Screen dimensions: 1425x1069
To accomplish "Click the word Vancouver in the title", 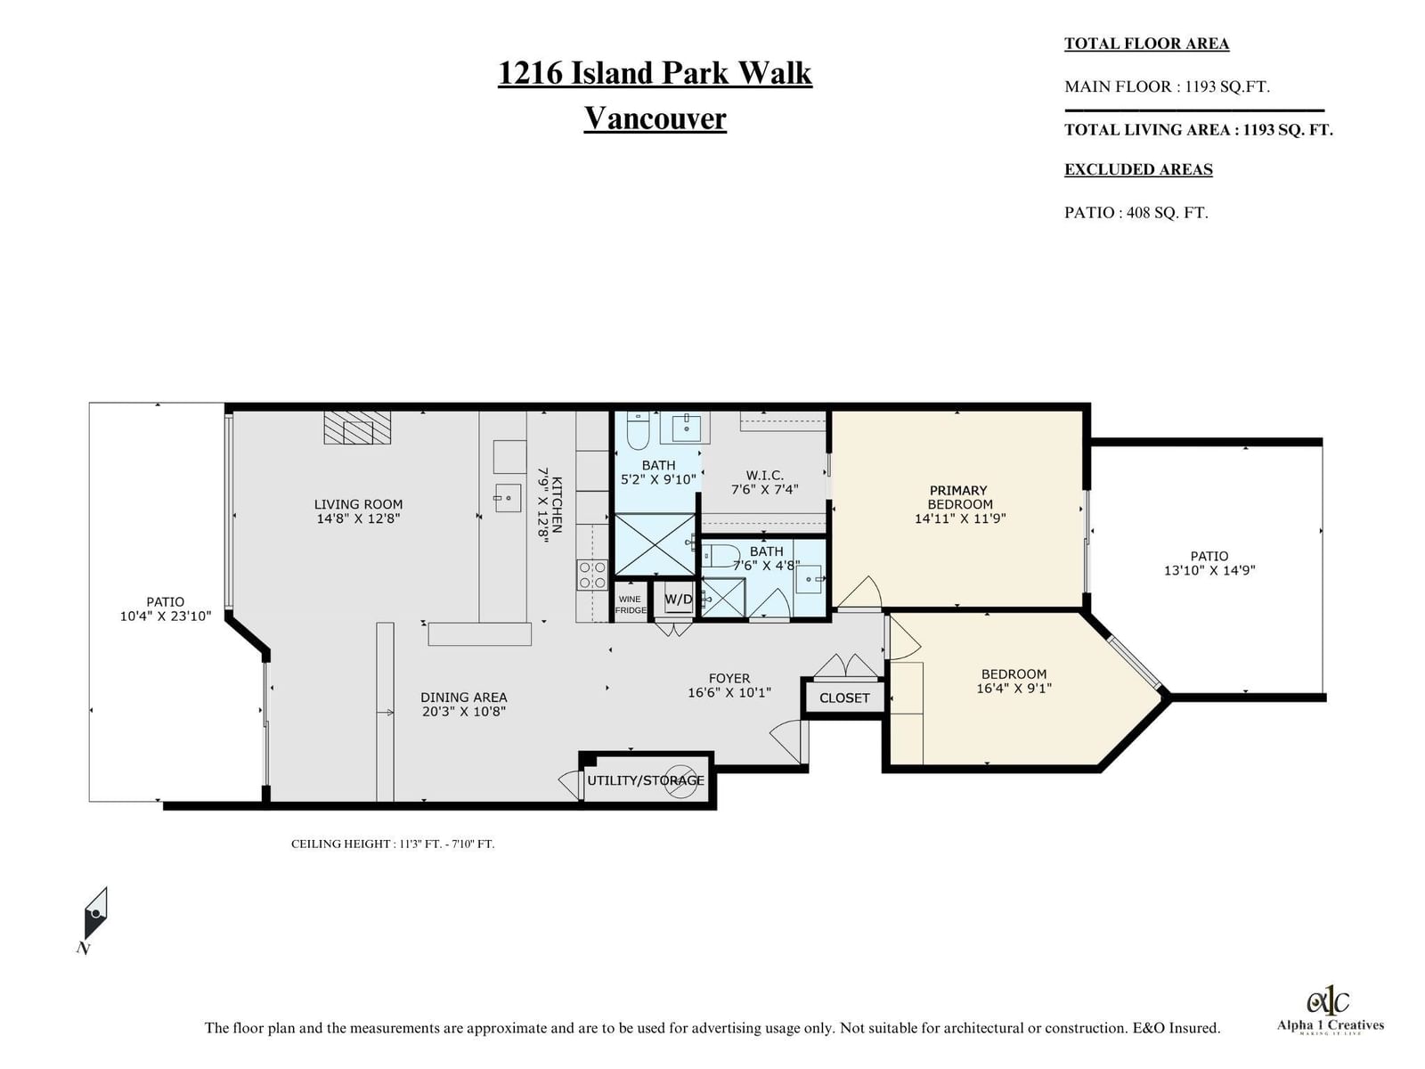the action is click(x=655, y=118).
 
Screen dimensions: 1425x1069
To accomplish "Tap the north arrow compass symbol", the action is click(x=95, y=913).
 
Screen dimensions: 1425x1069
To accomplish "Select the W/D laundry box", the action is click(x=679, y=600).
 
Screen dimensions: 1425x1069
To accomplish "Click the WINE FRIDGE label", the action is click(x=631, y=604).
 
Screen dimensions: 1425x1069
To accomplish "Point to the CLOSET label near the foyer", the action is click(x=844, y=698).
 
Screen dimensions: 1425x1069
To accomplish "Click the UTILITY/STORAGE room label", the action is click(x=646, y=780).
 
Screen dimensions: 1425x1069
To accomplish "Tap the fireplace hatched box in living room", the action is click(x=358, y=427).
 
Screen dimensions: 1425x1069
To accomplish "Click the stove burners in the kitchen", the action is click(x=592, y=575).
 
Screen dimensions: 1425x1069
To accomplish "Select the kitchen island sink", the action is click(x=509, y=498).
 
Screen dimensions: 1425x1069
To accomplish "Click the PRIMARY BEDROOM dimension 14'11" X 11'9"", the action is click(x=959, y=518).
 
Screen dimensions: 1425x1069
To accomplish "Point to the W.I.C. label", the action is click(x=764, y=475).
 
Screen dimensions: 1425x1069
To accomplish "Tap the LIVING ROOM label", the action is click(x=358, y=504).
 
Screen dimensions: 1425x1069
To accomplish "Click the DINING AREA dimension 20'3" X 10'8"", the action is click(x=463, y=712).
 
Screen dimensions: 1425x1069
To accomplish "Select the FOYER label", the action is click(x=729, y=678).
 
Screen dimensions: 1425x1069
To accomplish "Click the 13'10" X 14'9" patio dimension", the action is click(x=1209, y=570).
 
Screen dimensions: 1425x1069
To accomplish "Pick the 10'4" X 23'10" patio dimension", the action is click(x=166, y=616).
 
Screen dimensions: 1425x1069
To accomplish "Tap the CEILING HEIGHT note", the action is click(x=393, y=844).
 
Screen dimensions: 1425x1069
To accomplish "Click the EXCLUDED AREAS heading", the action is click(x=1138, y=169).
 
